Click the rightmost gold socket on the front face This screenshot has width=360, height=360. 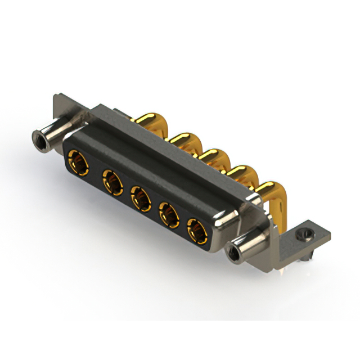(x=197, y=230)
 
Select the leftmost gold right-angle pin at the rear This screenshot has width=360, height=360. (x=150, y=120)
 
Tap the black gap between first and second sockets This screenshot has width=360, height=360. (x=93, y=171)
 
